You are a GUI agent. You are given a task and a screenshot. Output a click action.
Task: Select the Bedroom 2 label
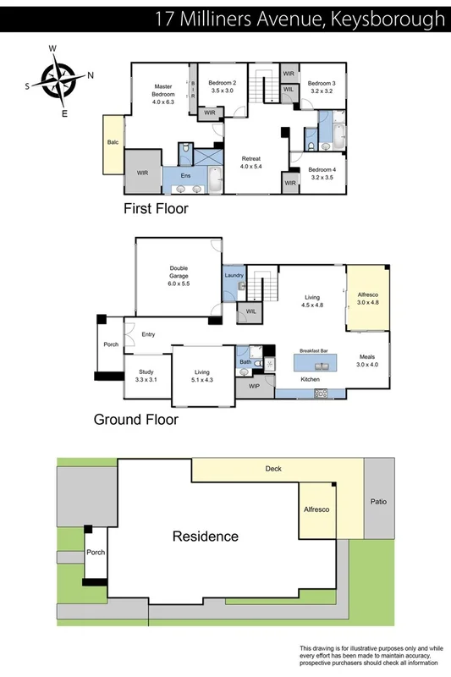click(223, 86)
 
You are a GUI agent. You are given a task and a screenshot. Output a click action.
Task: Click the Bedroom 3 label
click(321, 87)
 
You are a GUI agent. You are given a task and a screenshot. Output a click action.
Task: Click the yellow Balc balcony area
click(113, 142)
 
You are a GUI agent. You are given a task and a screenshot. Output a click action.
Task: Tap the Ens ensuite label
click(185, 175)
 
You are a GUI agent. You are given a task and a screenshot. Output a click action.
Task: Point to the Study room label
click(146, 376)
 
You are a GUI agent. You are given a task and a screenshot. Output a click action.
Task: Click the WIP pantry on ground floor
click(254, 386)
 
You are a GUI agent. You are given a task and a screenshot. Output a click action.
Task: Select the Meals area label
click(366, 360)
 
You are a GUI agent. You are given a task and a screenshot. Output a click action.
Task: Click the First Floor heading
click(156, 208)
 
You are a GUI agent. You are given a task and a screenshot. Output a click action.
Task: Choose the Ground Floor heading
click(135, 419)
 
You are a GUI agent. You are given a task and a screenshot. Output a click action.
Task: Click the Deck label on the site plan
click(272, 468)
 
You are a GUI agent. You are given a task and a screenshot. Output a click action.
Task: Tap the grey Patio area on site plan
click(378, 501)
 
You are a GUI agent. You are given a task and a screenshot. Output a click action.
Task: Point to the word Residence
click(206, 536)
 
